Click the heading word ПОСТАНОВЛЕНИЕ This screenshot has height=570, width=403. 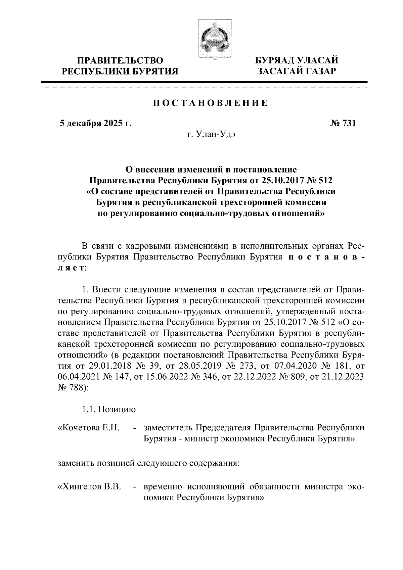pos(211,103)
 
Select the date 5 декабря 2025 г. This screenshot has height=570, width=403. pos(96,124)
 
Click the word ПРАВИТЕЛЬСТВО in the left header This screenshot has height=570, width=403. pos(121,61)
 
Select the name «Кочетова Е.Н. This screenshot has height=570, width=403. pos(89,428)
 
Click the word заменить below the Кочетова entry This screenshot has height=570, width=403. pos(76,464)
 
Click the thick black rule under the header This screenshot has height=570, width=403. pos(204,82)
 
